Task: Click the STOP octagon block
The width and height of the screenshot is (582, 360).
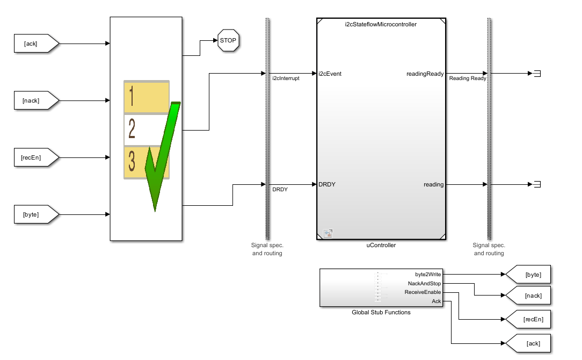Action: coord(228,40)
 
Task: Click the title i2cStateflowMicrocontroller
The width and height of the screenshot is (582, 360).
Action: coord(380,24)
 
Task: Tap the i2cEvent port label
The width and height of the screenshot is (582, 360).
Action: coord(330,74)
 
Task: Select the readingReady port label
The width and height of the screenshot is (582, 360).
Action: coord(425,74)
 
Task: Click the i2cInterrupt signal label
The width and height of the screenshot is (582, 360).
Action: coord(286,78)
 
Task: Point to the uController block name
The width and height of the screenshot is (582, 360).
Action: coord(381,245)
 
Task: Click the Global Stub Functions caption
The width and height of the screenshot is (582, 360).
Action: coord(381,312)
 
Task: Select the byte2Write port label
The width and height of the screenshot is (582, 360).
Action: coord(428,274)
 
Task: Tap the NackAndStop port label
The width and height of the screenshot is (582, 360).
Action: coord(424,283)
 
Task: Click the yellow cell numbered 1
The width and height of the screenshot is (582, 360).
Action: coord(146,97)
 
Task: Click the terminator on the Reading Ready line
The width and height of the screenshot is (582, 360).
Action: coord(535,74)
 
